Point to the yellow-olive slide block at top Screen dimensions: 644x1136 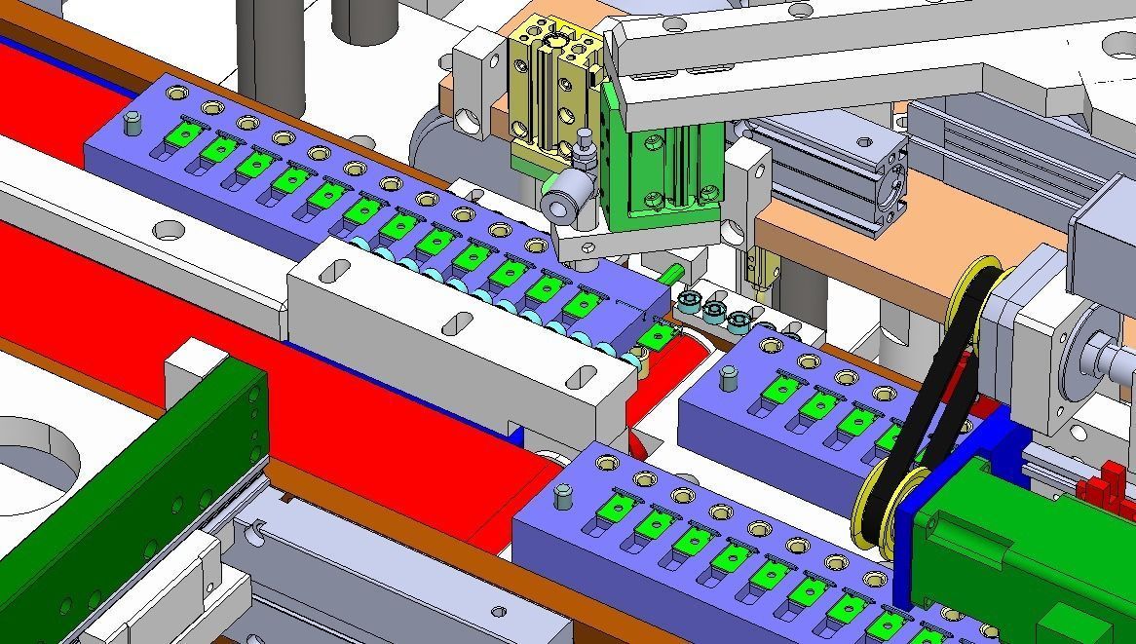coord(549,88)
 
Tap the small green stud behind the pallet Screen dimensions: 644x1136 coord(672,273)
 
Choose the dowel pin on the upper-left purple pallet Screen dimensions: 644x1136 coord(134,122)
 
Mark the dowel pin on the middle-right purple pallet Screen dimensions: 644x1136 coord(726,376)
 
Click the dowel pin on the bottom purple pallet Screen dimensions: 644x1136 coord(564,497)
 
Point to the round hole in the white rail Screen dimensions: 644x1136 coord(169,231)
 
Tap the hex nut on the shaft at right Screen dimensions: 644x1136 coord(1099,349)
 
